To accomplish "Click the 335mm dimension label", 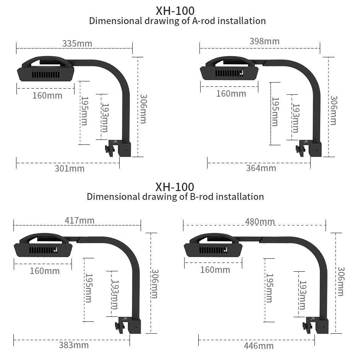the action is pyautogui.click(x=77, y=44).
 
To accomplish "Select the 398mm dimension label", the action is pyautogui.click(x=264, y=41).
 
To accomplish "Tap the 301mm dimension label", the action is pyautogui.click(x=70, y=169).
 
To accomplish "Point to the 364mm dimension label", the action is pyautogui.click(x=261, y=168).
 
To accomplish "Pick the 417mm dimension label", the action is pyautogui.click(x=79, y=221).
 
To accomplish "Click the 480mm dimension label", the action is pyautogui.click(x=260, y=222).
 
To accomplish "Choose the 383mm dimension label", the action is pyautogui.click(x=74, y=345).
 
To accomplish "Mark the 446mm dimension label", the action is pyautogui.click(x=259, y=346).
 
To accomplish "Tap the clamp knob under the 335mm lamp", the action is pyautogui.click(x=109, y=149).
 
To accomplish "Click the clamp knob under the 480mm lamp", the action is pyautogui.click(x=307, y=326).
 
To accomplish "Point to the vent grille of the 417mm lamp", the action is pyautogui.click(x=43, y=250).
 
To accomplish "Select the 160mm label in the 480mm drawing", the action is pyautogui.click(x=215, y=270).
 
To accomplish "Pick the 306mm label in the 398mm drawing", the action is pyautogui.click(x=334, y=110).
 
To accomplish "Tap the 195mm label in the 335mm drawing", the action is pyautogui.click(x=84, y=111).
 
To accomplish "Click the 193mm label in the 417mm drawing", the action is pyautogui.click(x=115, y=295).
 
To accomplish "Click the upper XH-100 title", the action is pyautogui.click(x=175, y=11).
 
